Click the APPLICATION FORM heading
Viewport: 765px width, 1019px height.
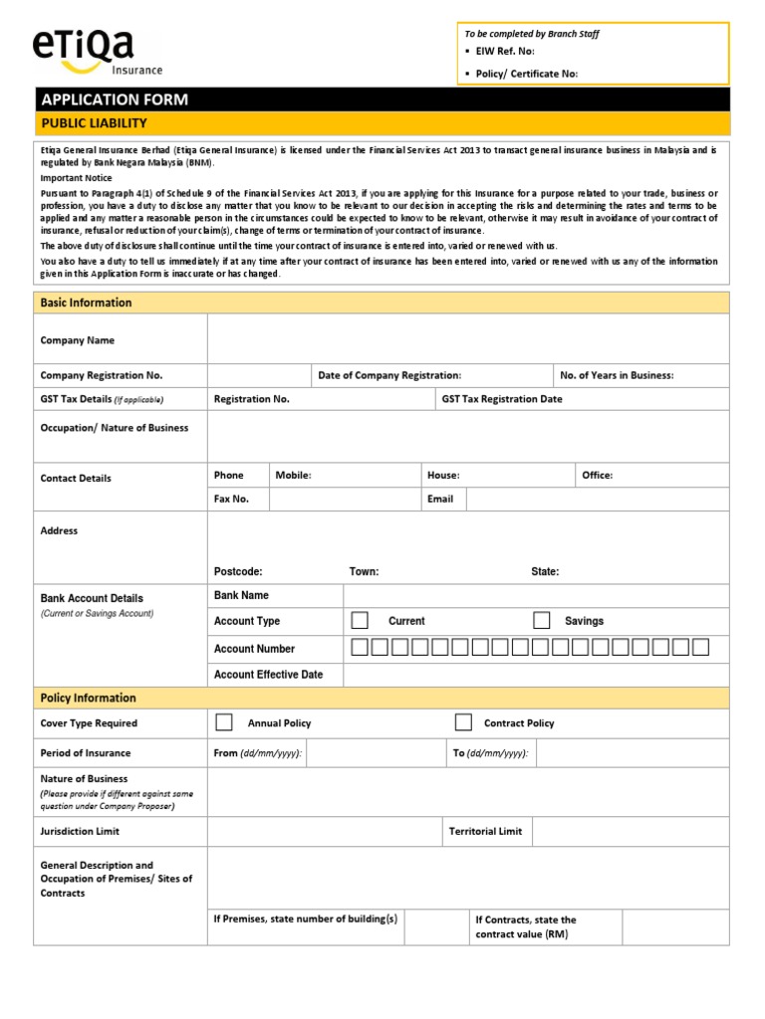(x=114, y=100)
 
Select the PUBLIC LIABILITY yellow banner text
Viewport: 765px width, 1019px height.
(x=94, y=123)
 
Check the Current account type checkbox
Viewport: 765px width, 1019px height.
(x=360, y=621)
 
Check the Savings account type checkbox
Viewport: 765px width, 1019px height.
(x=541, y=621)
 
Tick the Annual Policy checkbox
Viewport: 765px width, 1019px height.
(x=224, y=722)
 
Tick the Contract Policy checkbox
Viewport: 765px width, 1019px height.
(x=463, y=722)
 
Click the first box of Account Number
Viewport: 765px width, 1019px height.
(x=361, y=648)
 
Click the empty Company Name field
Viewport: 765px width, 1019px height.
(x=467, y=340)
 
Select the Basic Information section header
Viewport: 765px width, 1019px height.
(x=86, y=303)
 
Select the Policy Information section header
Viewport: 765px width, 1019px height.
(x=88, y=698)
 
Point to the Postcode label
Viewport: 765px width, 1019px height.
(x=238, y=572)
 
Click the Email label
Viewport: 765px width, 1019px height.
(x=440, y=500)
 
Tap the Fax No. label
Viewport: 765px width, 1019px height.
(x=231, y=500)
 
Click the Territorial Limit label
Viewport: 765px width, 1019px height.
(x=485, y=831)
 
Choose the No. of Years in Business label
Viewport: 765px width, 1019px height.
(x=617, y=375)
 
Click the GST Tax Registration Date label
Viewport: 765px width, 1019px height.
(x=502, y=399)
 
